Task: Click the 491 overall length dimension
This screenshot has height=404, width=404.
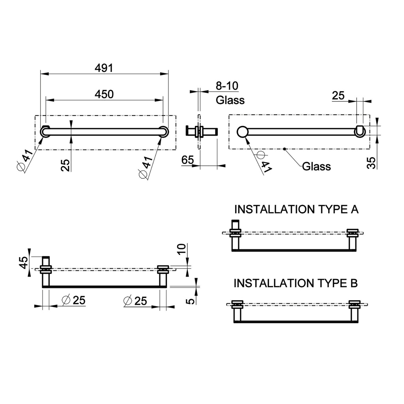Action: (104, 68)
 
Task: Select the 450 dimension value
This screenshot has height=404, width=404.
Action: (104, 94)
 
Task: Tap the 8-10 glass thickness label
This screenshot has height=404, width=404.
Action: (227, 86)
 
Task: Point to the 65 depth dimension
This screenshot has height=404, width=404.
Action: (187, 160)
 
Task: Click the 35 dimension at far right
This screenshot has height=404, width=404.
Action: (371, 163)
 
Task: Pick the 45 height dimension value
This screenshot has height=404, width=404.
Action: (24, 262)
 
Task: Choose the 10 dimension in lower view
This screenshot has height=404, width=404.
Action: (181, 249)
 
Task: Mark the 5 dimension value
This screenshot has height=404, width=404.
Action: (191, 301)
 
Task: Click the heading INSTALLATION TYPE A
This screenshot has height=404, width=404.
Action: (296, 209)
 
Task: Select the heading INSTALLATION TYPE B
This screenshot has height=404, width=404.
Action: (296, 283)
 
